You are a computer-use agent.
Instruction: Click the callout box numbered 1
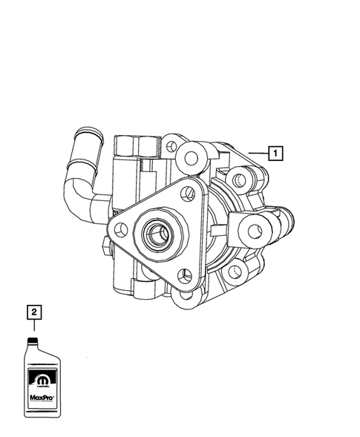coord(274,154)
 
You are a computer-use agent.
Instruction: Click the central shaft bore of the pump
coord(159,236)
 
